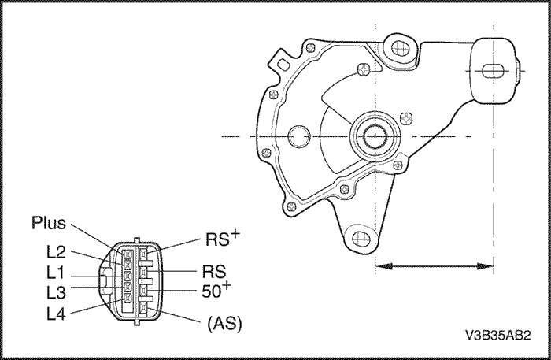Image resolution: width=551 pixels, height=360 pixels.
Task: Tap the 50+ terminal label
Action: tap(217, 292)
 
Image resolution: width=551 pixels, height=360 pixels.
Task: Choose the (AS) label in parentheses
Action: tap(224, 324)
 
